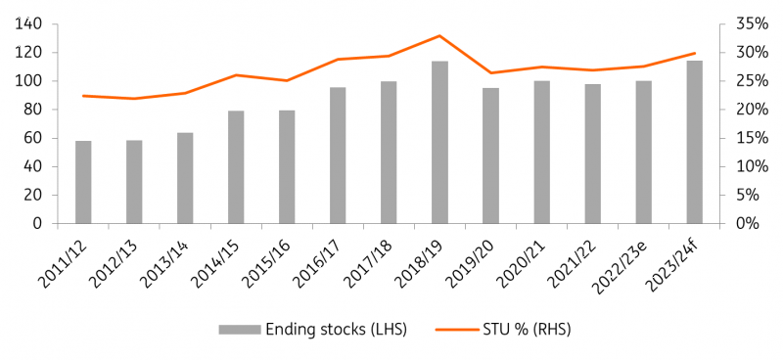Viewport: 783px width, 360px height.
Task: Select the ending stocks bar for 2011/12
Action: coord(83,182)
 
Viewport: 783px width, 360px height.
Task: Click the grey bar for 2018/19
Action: coord(439,143)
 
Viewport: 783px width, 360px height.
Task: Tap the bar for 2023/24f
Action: coord(695,143)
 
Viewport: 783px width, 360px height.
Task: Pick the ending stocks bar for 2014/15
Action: coord(236,167)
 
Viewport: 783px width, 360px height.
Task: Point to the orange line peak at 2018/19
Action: coord(439,35)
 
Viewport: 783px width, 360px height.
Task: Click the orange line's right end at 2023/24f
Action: coord(695,53)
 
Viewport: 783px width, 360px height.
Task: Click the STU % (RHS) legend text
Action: coord(515,330)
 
